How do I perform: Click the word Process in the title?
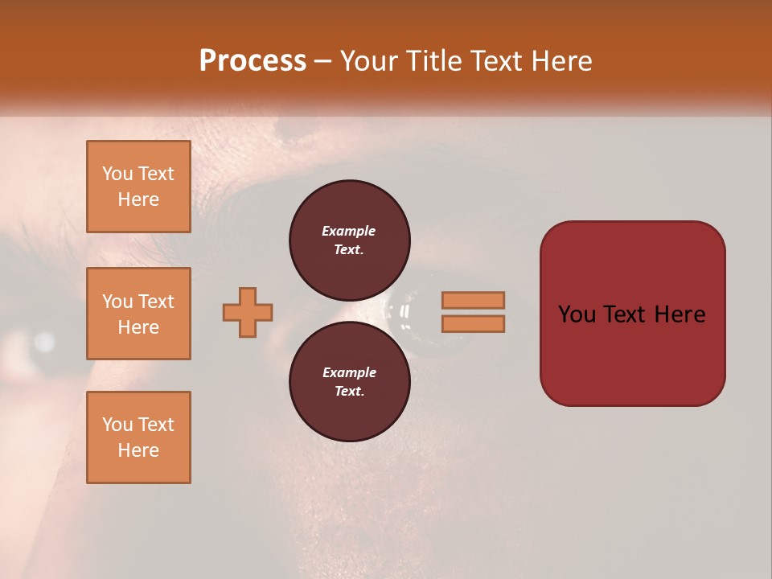tap(253, 61)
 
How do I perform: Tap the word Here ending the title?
tap(556, 61)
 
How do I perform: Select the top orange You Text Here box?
tap(138, 187)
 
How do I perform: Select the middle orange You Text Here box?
tap(138, 314)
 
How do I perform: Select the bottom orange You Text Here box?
tap(138, 437)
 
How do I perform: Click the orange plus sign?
tap(248, 312)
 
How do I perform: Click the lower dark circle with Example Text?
tap(349, 381)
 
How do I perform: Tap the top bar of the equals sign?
tap(473, 300)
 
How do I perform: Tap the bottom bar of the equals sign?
tap(473, 324)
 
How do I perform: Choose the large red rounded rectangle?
tap(632, 354)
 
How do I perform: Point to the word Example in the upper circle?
tap(349, 231)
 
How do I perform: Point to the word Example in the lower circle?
tap(349, 372)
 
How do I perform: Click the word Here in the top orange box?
tap(138, 199)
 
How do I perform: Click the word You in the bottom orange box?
tap(117, 425)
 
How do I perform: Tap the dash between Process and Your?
tap(323, 61)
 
